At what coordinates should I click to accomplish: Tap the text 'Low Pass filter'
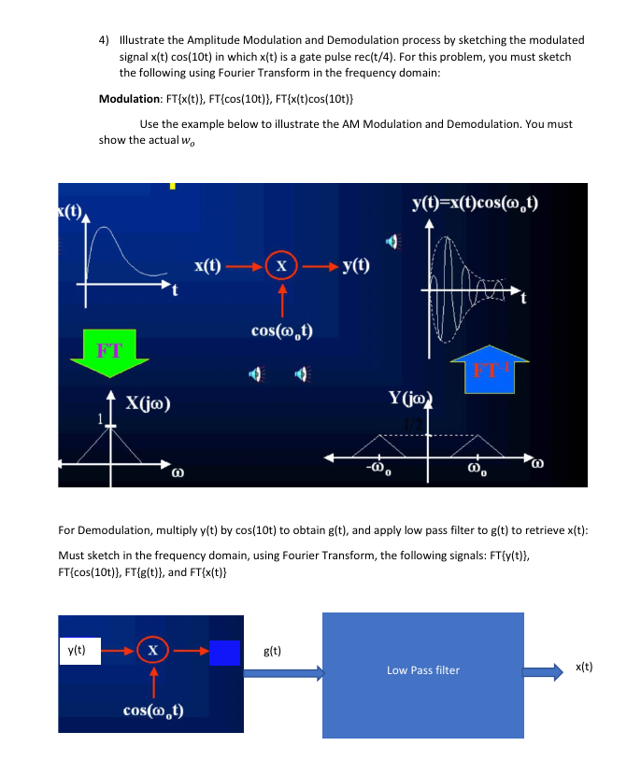point(423,670)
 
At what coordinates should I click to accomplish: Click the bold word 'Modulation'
point(127,99)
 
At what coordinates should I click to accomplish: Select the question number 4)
point(104,40)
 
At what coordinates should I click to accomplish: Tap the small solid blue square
point(224,653)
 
